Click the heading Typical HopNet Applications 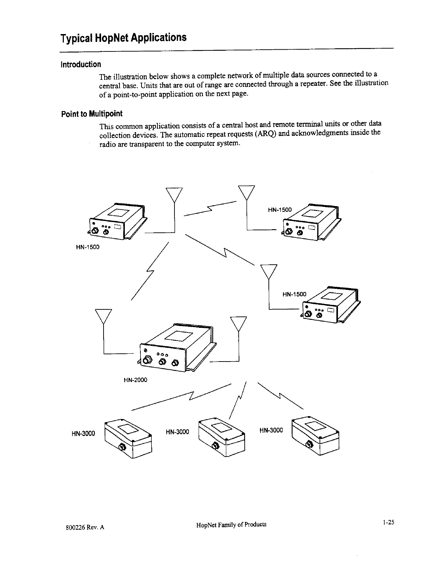point(123,38)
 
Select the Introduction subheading point(81,64)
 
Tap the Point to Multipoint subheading point(91,114)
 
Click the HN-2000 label point(135,380)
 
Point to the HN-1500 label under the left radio point(88,247)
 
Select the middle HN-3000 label point(177,432)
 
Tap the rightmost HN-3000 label point(271,430)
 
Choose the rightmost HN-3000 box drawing point(315,436)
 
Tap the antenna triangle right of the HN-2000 point(238,323)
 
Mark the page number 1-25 point(388,522)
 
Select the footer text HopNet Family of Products point(231,524)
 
